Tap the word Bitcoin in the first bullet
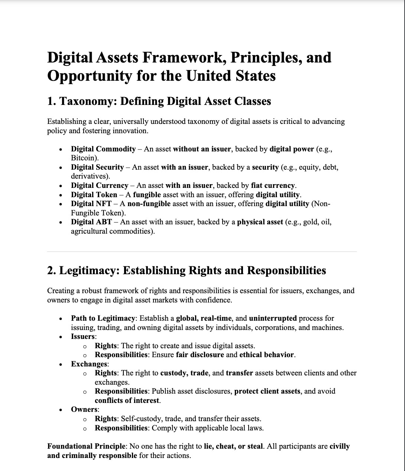(84, 158)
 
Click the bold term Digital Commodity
(103, 149)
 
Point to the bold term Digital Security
(97, 167)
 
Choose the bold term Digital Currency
(100, 186)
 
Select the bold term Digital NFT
(91, 204)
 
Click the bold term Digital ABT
(91, 222)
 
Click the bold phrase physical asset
(260, 222)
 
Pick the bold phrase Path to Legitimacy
(103, 318)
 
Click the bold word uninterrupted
(273, 318)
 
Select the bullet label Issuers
(83, 337)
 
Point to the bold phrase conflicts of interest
(127, 401)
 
